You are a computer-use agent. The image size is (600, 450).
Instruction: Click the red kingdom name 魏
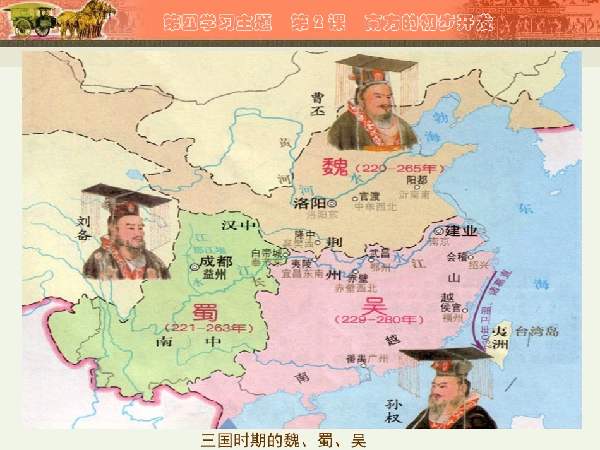335,167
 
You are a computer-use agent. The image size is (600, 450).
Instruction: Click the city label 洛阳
309,204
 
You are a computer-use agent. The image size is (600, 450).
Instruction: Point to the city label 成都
215,262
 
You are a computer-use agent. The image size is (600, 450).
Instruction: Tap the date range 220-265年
399,169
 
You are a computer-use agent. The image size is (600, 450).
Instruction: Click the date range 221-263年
208,328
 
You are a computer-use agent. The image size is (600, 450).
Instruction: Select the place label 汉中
239,225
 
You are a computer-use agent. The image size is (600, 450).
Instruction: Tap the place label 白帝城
265,252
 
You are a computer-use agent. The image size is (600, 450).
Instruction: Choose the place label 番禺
356,358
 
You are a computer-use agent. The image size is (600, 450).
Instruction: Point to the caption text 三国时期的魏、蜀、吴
283,440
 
